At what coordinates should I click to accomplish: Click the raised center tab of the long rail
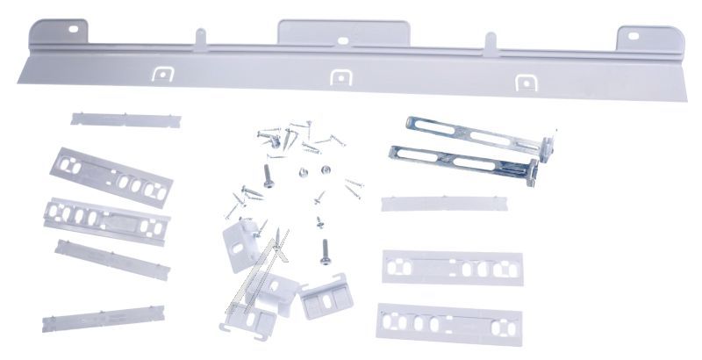(x=343, y=31)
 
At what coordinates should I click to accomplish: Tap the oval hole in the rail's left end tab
(x=72, y=29)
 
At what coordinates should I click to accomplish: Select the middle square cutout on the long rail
(x=340, y=78)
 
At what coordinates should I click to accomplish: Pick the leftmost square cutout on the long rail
(x=161, y=74)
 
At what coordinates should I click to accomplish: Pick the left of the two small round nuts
(x=301, y=172)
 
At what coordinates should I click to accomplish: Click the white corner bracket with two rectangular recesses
(x=326, y=300)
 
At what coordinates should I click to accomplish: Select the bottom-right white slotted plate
(x=448, y=324)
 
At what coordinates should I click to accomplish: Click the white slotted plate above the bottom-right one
(x=452, y=267)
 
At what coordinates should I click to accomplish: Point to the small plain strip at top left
(x=125, y=119)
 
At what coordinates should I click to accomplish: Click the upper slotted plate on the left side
(x=111, y=176)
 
